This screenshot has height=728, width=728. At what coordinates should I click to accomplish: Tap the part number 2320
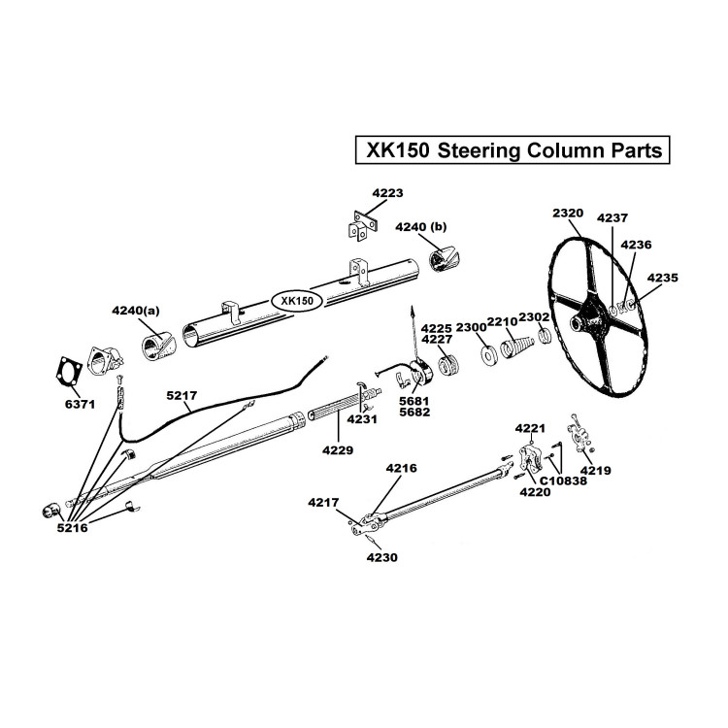(567, 213)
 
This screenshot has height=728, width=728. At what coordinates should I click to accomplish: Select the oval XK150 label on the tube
(296, 301)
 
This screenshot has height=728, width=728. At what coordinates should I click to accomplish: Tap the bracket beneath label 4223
(360, 225)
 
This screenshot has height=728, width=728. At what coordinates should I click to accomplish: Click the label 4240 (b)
(420, 226)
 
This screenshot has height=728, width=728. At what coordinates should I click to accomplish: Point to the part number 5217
(182, 395)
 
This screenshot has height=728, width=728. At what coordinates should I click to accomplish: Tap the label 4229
(339, 450)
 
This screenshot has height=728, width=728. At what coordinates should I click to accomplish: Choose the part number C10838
(560, 480)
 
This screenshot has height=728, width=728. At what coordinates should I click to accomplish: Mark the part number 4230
(377, 558)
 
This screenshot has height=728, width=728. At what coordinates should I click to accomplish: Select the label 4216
(401, 468)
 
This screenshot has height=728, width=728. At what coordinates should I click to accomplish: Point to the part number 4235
(664, 278)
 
